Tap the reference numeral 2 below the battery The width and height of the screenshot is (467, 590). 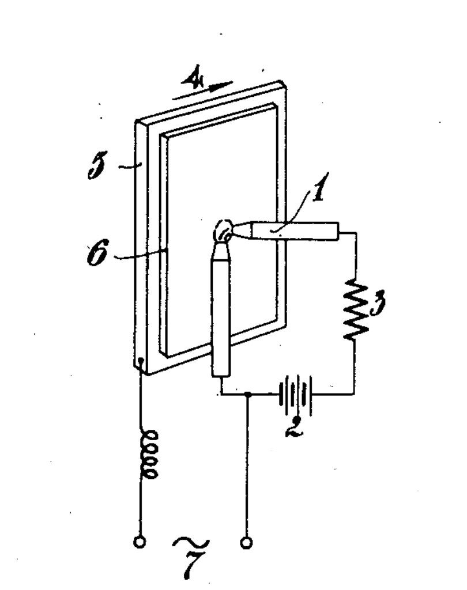pyautogui.click(x=295, y=427)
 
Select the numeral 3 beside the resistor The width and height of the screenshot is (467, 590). pyautogui.click(x=378, y=301)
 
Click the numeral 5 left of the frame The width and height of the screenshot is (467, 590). pyautogui.click(x=97, y=165)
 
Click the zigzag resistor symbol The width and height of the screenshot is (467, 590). pyautogui.click(x=356, y=309)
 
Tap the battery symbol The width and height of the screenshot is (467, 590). pyautogui.click(x=296, y=394)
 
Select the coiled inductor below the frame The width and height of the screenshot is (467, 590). pyautogui.click(x=148, y=455)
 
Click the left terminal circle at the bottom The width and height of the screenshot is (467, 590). pyautogui.click(x=140, y=542)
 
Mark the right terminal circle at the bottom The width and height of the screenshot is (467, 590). pyautogui.click(x=246, y=543)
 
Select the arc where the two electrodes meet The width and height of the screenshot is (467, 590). pyautogui.click(x=224, y=230)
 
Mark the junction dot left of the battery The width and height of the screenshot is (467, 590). pyautogui.click(x=247, y=394)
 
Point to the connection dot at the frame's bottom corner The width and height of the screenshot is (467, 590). pyautogui.click(x=141, y=361)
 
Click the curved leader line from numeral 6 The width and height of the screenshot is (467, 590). pyautogui.click(x=140, y=255)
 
